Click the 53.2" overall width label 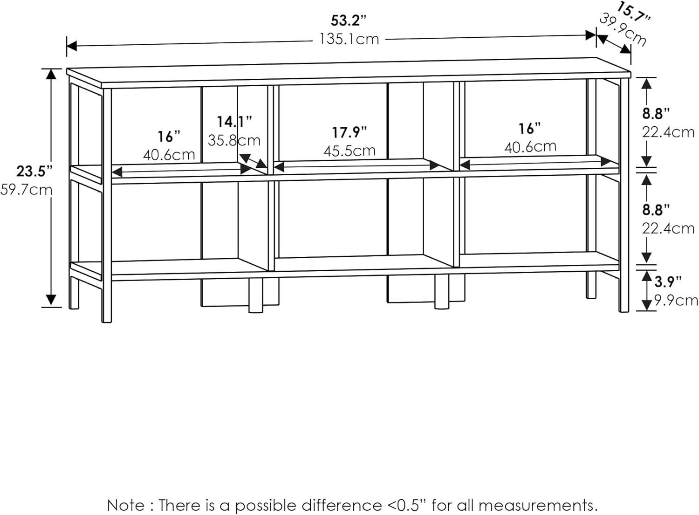coord(349,21)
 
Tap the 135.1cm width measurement coord(349,39)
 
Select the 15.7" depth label coord(633,12)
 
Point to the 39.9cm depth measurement coord(623,31)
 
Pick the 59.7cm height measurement coord(27,190)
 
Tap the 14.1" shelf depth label coord(234,122)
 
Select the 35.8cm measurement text coord(234,140)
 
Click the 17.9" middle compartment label coord(349,132)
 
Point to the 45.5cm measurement coord(349,151)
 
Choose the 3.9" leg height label coord(668,282)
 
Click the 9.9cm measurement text coord(676,300)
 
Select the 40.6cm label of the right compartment coord(530,147)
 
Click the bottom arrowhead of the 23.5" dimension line coord(51,301)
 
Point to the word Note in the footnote coord(126,505)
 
